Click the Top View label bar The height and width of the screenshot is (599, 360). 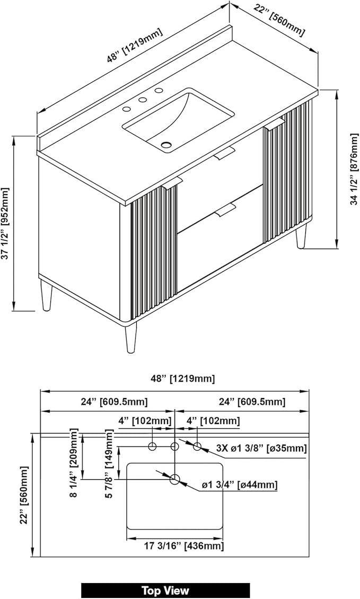tap(165, 590)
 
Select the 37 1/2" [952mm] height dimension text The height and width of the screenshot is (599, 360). tap(5, 224)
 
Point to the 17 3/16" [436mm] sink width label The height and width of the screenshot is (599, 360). tap(184, 546)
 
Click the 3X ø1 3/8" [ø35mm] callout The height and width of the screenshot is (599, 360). tap(261, 448)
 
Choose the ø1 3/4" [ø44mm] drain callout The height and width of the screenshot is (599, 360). tap(239, 485)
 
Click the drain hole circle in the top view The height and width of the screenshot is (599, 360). tap(174, 479)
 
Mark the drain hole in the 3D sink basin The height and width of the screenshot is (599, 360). tap(166, 145)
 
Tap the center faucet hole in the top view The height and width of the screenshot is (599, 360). tap(174, 446)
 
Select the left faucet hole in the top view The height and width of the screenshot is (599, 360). tap(153, 446)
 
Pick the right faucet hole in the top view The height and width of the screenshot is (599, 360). tap(197, 446)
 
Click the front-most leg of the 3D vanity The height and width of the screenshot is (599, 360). tap(130, 338)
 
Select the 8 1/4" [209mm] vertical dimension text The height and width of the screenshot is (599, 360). tap(74, 463)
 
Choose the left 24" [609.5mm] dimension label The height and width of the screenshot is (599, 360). tap(114, 402)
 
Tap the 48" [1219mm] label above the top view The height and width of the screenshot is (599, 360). tap(183, 378)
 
